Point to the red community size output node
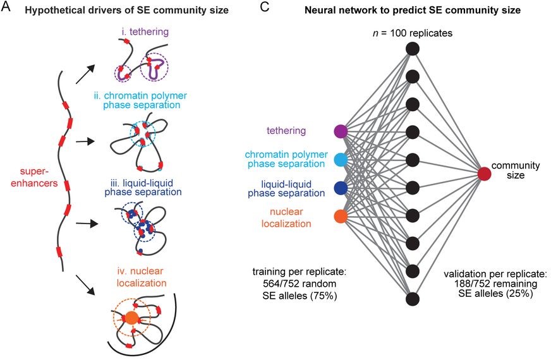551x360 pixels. click(485, 174)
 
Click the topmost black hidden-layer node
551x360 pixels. click(413, 48)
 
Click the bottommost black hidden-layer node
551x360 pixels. click(413, 298)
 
